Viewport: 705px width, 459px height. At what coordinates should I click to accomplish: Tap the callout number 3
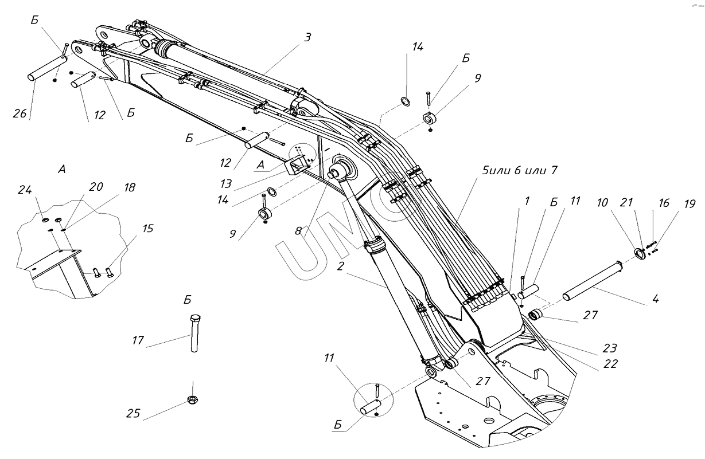tap(307, 37)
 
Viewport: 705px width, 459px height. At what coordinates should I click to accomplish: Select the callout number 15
tap(148, 228)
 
